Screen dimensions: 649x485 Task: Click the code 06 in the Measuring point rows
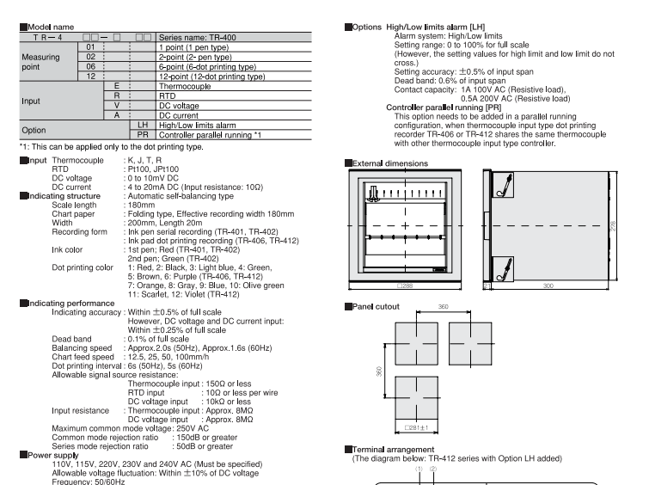pyautogui.click(x=90, y=67)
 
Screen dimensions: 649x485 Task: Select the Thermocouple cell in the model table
pyautogui.click(x=234, y=86)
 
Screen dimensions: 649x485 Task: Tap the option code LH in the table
pyautogui.click(x=143, y=125)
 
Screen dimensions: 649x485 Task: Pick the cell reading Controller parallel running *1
pyautogui.click(x=234, y=135)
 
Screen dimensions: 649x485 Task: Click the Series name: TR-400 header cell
pyautogui.click(x=234, y=37)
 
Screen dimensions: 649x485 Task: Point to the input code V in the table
pyautogui.click(x=117, y=106)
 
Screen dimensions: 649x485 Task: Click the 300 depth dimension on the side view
pyautogui.click(x=548, y=285)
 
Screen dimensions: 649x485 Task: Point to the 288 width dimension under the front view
pyautogui.click(x=405, y=285)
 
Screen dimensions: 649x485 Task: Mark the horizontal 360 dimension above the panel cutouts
pyautogui.click(x=444, y=307)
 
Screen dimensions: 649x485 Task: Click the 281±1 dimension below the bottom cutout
pyautogui.click(x=416, y=428)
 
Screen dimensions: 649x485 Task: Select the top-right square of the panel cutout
pyautogui.click(x=470, y=344)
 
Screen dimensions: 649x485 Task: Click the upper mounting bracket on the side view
pyautogui.click(x=504, y=185)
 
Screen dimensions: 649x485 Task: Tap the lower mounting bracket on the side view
pyautogui.click(x=504, y=269)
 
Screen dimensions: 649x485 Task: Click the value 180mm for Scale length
pyautogui.click(x=141, y=205)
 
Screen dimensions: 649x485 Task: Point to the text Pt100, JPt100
pyautogui.click(x=153, y=169)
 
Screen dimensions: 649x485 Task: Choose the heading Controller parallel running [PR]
pyautogui.click(x=444, y=107)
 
